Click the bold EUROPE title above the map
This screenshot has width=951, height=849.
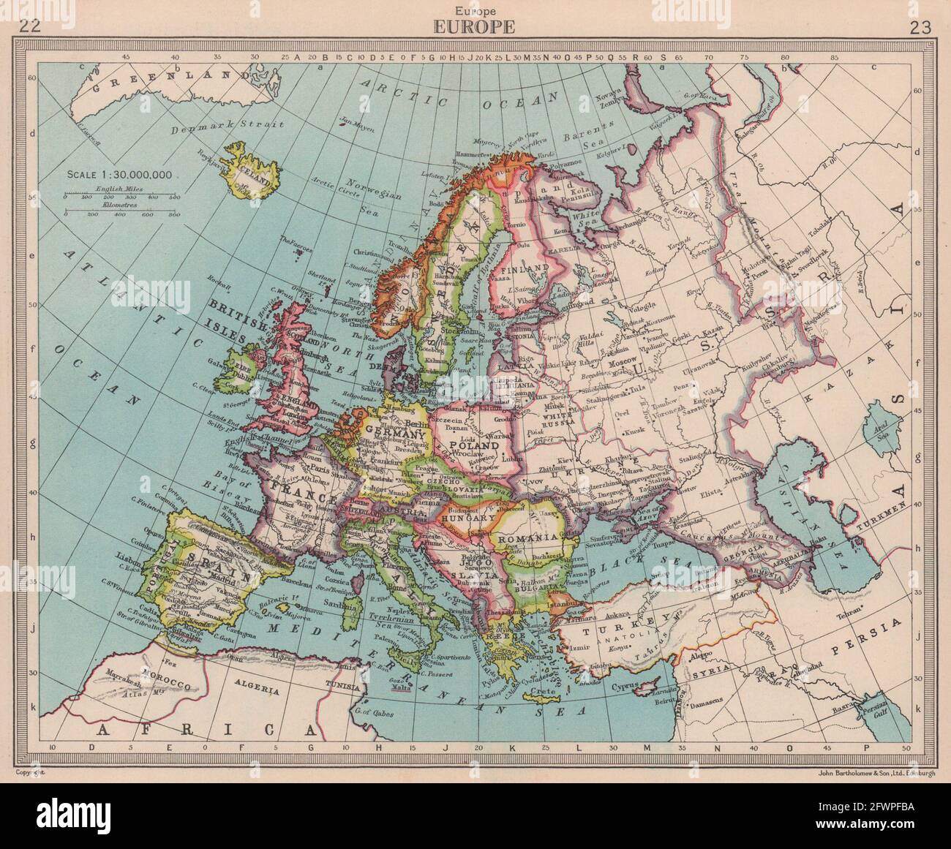click(475, 28)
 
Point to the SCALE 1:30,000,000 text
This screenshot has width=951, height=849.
click(120, 174)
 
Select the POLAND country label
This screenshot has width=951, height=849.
click(475, 445)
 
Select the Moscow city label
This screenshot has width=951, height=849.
click(620, 363)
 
